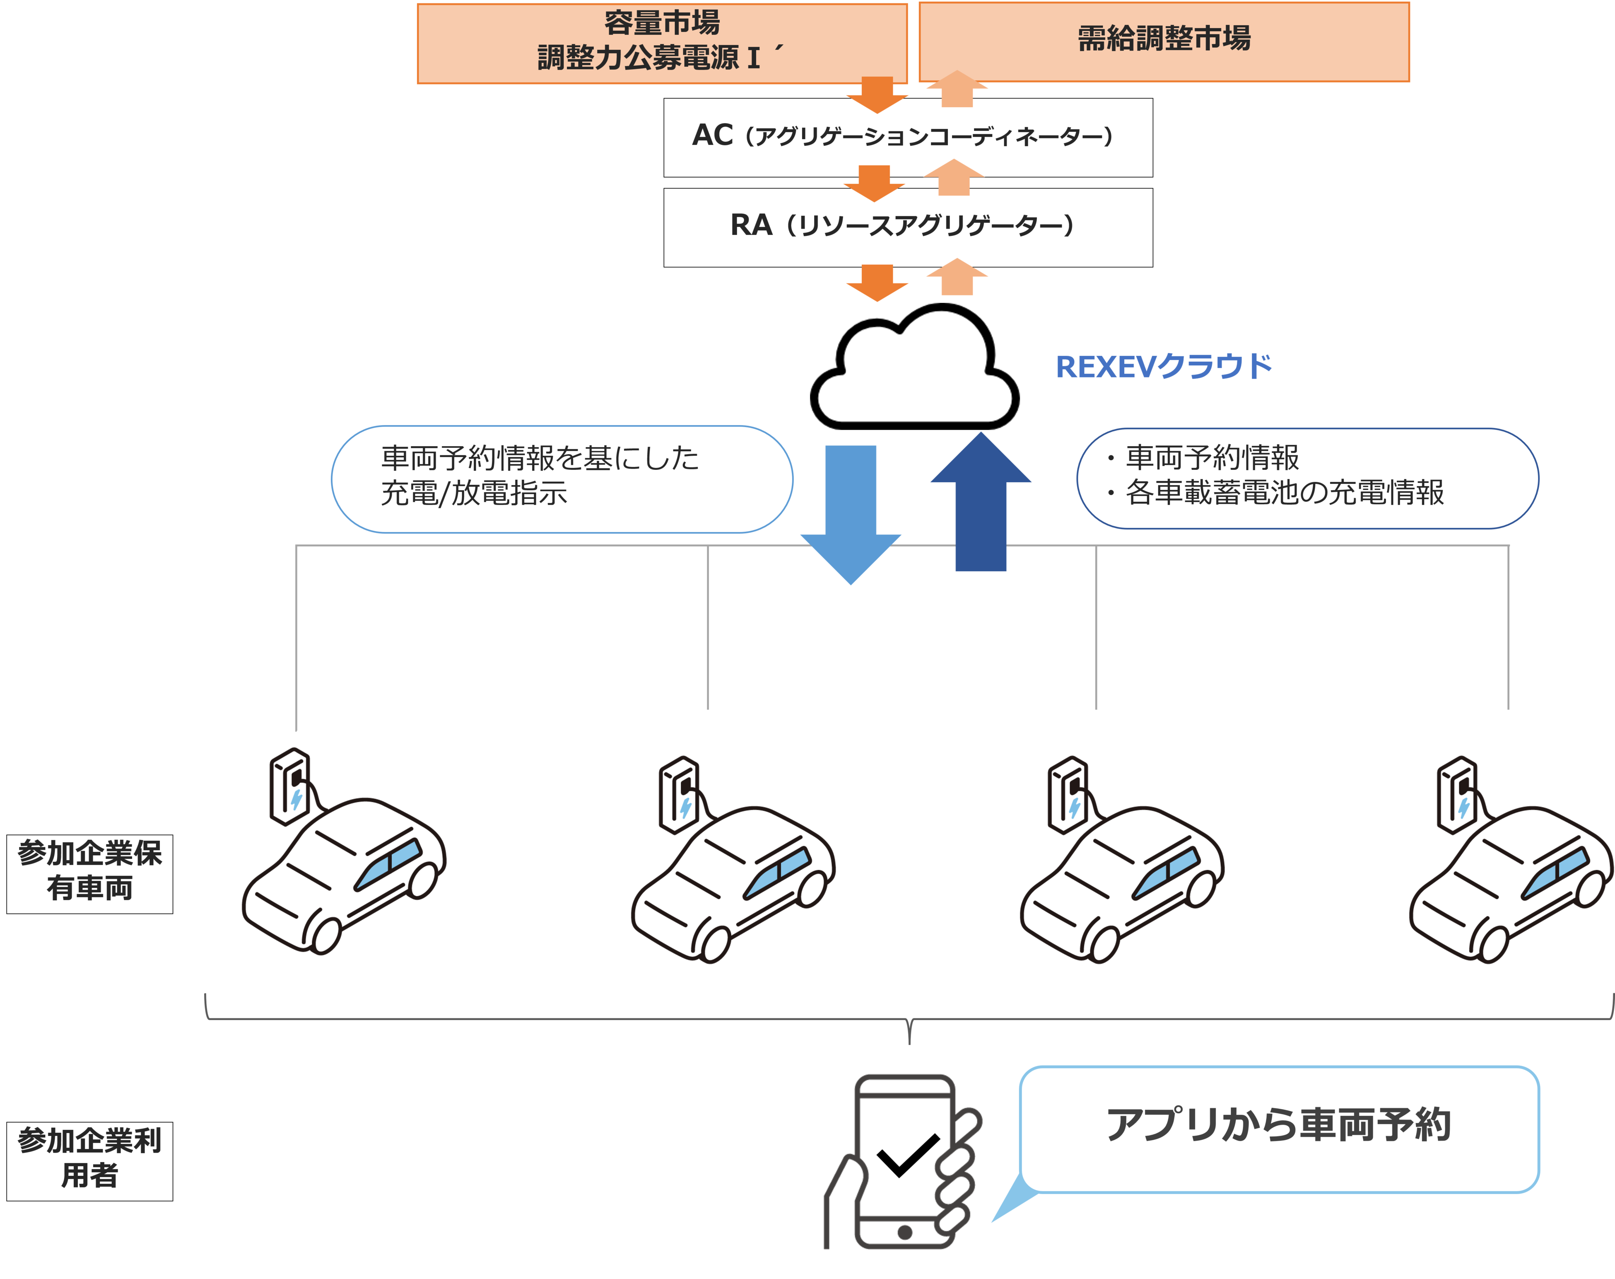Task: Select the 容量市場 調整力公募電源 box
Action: coord(662,43)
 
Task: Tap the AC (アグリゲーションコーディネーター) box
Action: coord(907,137)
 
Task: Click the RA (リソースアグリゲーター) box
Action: coord(907,227)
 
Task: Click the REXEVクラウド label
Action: coord(1163,367)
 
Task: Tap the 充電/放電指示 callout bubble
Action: coord(561,479)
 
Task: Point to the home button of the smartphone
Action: coord(904,1232)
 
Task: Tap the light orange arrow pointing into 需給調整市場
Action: coord(957,88)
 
